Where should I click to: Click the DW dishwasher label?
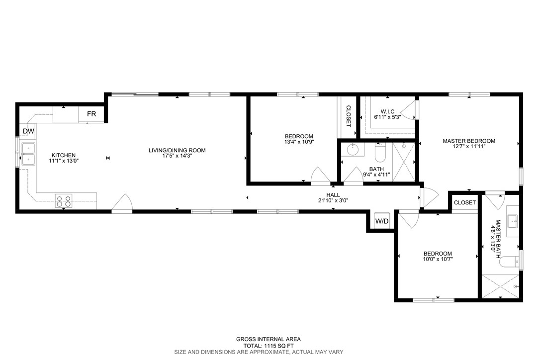[28, 131]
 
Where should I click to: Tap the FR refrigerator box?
[91, 114]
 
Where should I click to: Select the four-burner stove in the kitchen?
[64, 201]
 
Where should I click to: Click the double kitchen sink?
[28, 154]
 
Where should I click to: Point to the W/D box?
[382, 221]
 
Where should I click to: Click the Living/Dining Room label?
[177, 150]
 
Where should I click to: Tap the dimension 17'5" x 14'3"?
[177, 156]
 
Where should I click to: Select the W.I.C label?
[387, 111]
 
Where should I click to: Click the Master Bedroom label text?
[469, 141]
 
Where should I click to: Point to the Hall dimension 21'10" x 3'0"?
[333, 200]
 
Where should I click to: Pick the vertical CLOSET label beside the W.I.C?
[348, 116]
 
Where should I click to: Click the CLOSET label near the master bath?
[465, 202]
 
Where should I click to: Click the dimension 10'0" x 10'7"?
[438, 259]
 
